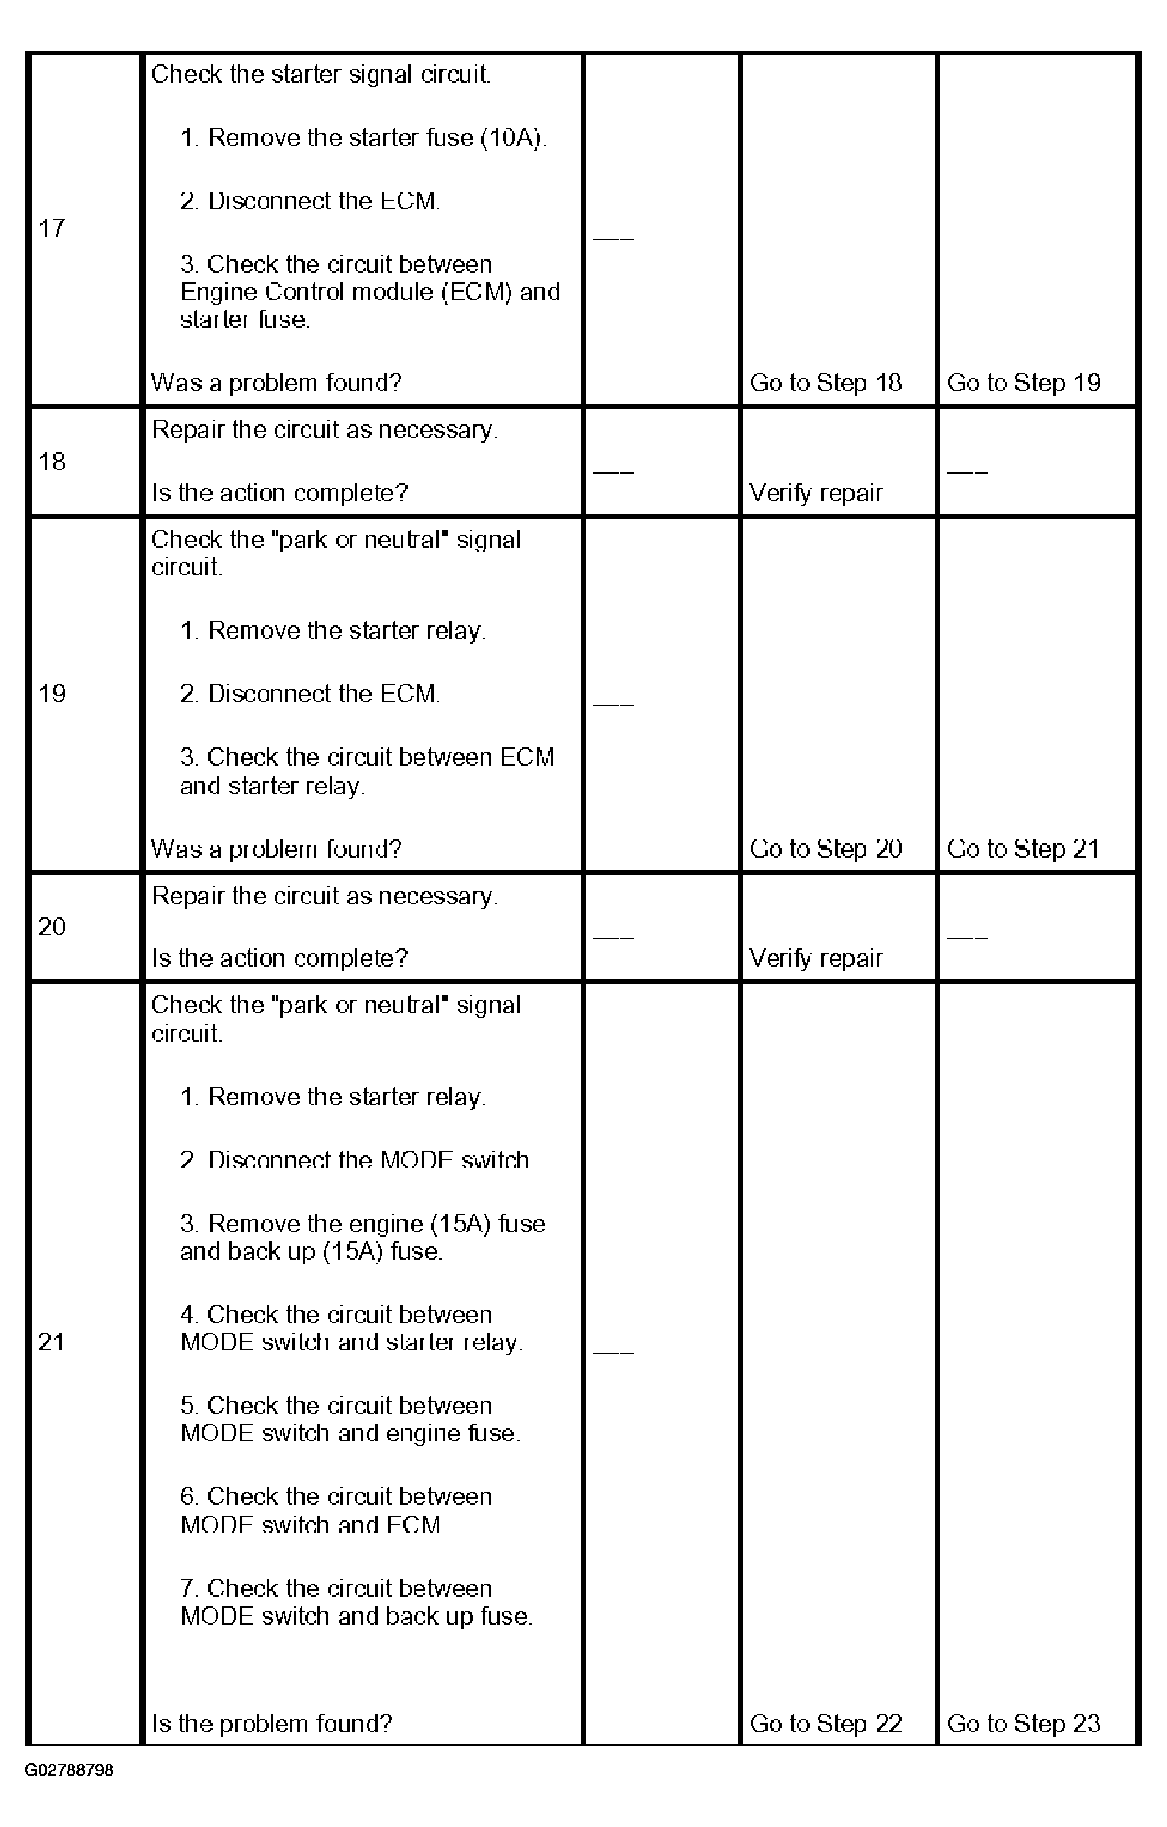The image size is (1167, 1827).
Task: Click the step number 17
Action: [51, 227]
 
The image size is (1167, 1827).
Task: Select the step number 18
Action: [51, 461]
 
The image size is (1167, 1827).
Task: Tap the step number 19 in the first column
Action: [51, 693]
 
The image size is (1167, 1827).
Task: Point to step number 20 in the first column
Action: [51, 927]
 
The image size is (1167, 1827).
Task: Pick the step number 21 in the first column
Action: [51, 1342]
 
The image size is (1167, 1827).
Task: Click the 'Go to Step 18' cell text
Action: [826, 382]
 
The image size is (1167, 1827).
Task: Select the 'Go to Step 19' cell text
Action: [1023, 382]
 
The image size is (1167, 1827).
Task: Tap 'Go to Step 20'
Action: [826, 848]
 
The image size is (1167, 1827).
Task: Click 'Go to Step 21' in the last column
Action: [1023, 848]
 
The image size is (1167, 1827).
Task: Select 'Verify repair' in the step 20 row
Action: [816, 959]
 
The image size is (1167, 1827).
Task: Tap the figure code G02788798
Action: [69, 1770]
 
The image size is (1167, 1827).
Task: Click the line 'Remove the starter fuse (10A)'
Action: [364, 137]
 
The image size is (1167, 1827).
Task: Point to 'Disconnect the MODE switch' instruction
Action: [358, 1160]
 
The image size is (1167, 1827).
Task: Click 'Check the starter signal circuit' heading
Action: [321, 74]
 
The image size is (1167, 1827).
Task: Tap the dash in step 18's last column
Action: [967, 472]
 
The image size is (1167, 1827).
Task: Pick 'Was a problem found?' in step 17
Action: [276, 382]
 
